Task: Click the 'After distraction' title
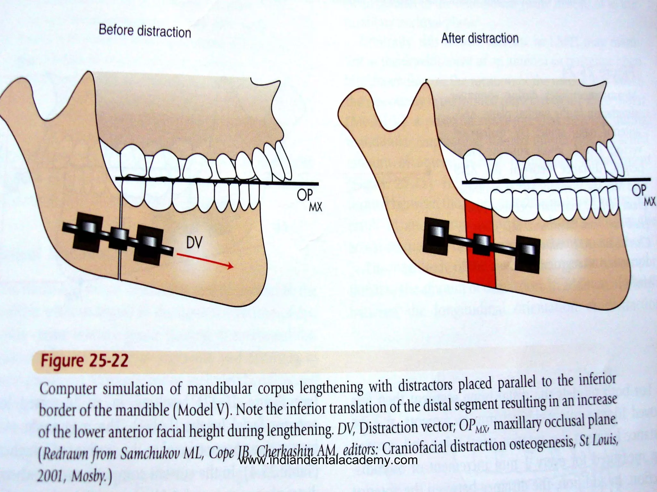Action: [480, 38]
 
